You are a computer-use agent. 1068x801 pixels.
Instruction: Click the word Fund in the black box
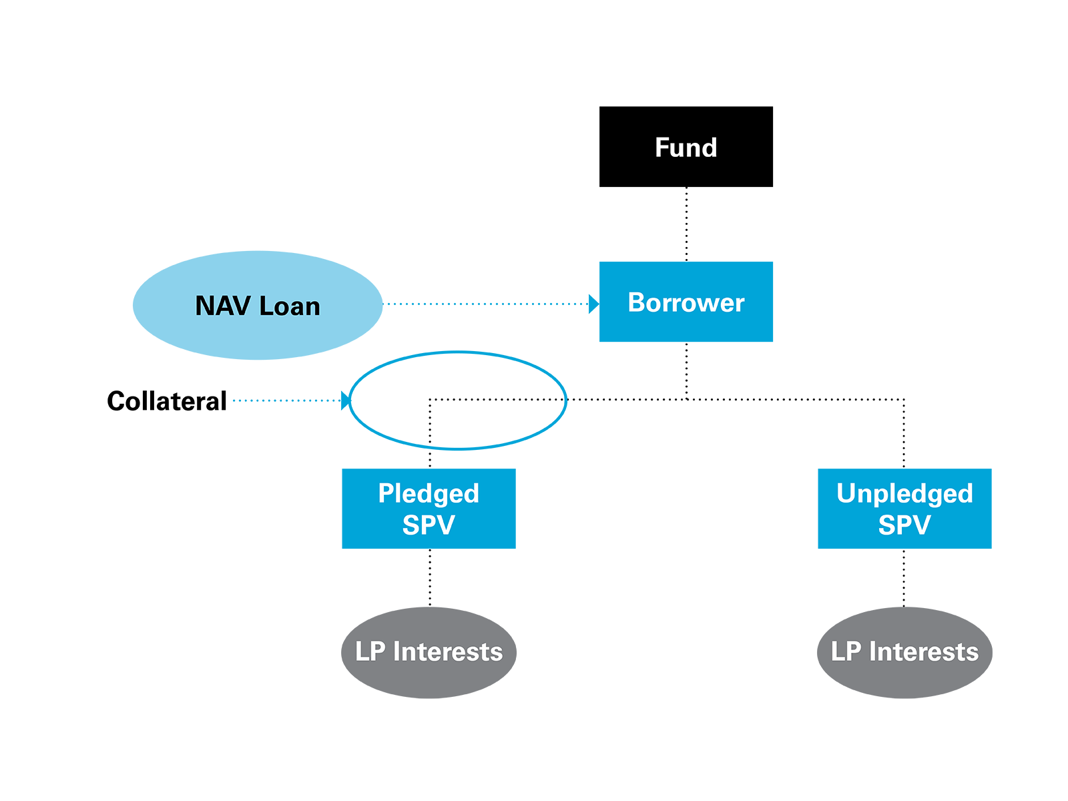coord(686,148)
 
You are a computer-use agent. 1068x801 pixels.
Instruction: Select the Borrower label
coord(686,303)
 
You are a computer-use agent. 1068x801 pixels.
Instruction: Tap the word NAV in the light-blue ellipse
coord(222,306)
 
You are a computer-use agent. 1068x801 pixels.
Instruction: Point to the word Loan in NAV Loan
coord(290,306)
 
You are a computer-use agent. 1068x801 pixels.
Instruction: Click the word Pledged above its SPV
coord(429,493)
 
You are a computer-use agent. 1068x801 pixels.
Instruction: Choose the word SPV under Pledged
coord(429,525)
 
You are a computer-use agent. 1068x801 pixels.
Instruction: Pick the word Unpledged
coord(904,493)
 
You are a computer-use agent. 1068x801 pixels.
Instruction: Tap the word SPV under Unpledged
coord(904,525)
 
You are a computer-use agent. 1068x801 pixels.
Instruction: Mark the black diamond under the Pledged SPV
coord(430,577)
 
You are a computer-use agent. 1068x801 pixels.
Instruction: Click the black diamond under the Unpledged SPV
coord(904,577)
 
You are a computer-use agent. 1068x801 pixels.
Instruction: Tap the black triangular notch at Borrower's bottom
coord(686,356)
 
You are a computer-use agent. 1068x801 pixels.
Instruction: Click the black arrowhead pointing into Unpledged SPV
coord(904,451)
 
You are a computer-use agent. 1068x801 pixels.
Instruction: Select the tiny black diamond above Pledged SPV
coord(430,459)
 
